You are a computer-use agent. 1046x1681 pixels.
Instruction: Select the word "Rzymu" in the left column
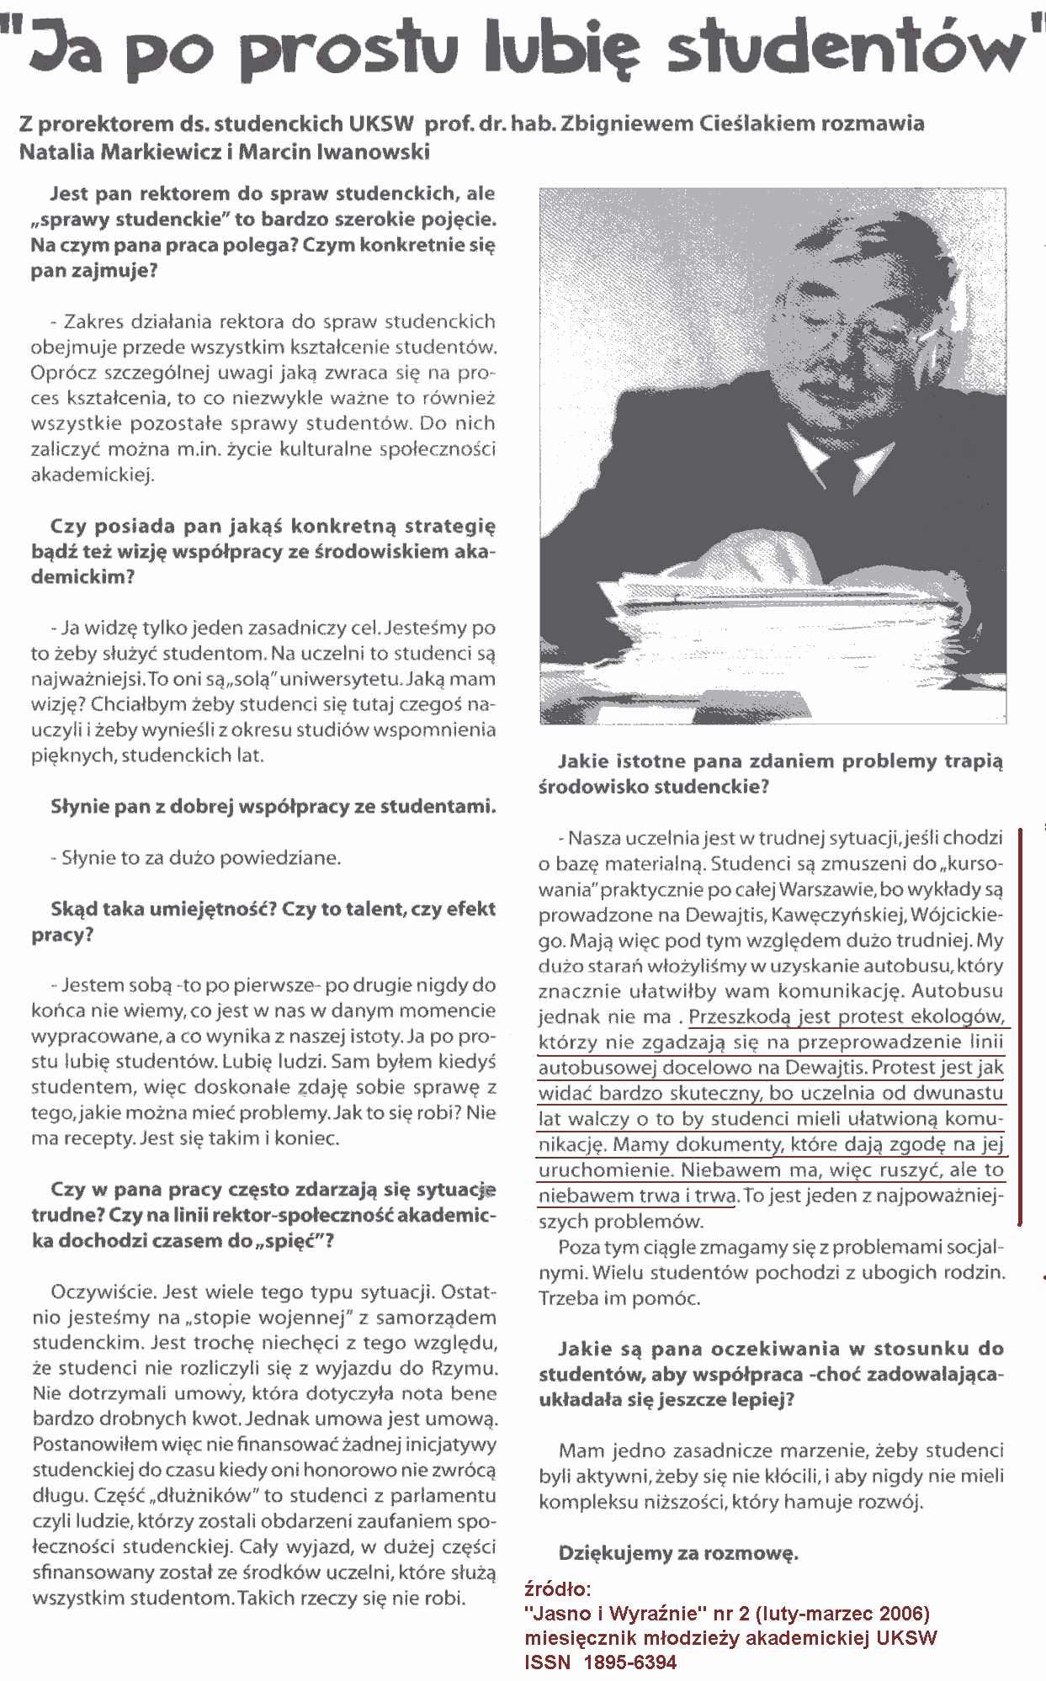coord(465,1368)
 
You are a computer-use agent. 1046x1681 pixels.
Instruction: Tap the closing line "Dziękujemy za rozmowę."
coord(677,1553)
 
